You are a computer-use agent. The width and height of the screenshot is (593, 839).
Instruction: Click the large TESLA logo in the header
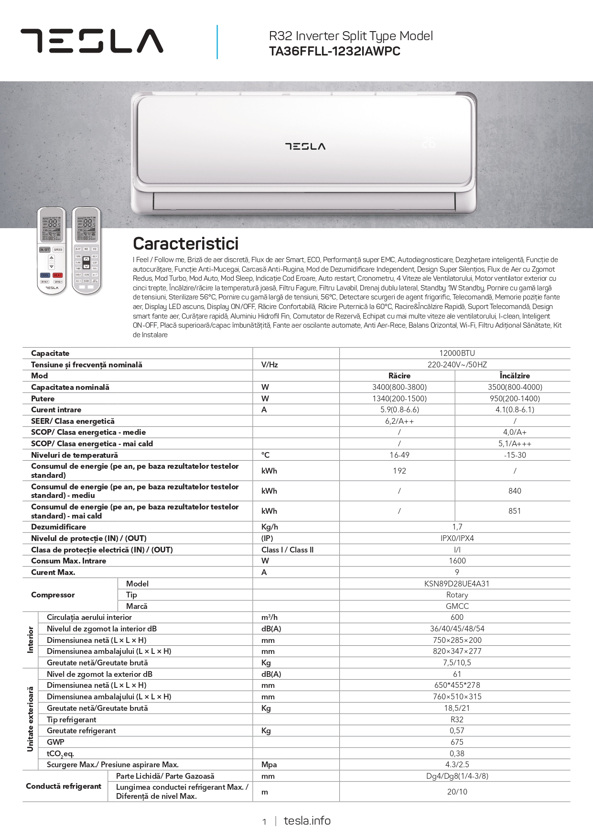[x=92, y=41]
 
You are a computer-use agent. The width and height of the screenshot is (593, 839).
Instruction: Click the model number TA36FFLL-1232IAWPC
[x=334, y=52]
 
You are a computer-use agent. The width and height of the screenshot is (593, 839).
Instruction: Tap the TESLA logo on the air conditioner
[x=305, y=146]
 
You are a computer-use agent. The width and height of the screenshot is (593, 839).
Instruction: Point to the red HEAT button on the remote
[x=57, y=276]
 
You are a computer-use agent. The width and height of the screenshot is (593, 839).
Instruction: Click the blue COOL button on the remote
[x=45, y=276]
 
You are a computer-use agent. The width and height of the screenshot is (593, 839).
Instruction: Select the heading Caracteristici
[x=185, y=243]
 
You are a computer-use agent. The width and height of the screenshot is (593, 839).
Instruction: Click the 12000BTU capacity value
[x=457, y=353]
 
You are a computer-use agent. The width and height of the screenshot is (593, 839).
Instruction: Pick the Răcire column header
[x=399, y=376]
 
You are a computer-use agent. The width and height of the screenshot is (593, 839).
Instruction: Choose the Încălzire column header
[x=515, y=376]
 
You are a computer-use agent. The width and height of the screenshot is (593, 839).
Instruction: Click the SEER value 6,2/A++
[x=399, y=421]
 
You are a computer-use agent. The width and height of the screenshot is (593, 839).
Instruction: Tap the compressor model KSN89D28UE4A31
[x=457, y=584]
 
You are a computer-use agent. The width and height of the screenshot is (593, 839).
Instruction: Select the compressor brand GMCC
[x=457, y=606]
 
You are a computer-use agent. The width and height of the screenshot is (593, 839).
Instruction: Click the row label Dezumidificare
[x=58, y=527]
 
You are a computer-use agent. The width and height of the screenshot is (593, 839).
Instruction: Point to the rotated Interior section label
[x=31, y=640]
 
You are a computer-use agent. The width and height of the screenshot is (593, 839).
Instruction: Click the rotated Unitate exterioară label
[x=31, y=719]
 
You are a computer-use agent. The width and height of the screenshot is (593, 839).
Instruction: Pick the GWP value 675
[x=457, y=742]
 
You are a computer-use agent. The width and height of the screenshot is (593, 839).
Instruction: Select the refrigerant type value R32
[x=457, y=719]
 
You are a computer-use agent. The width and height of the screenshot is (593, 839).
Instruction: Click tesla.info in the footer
[x=307, y=821]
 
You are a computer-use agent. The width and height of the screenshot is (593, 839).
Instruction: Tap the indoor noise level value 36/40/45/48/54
[x=457, y=629]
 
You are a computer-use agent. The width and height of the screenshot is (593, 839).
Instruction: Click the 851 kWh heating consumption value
[x=515, y=511]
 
